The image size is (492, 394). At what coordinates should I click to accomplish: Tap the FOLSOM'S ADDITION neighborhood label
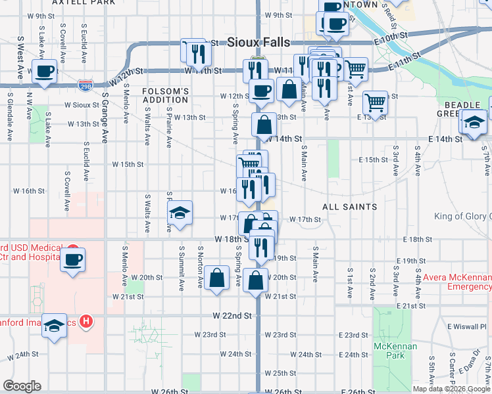point(166,95)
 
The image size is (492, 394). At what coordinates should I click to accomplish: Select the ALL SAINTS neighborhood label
point(349,207)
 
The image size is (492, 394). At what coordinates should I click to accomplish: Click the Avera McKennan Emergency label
point(456,282)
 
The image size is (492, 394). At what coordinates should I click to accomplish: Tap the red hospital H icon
point(86,322)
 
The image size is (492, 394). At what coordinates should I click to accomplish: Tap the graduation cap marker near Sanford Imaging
point(54,326)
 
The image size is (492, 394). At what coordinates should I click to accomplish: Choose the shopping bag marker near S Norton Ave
point(216,277)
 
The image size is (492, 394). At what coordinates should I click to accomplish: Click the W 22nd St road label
point(232,316)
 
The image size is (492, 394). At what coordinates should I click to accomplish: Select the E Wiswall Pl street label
point(466,326)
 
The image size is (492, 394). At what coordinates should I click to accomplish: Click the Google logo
point(22,386)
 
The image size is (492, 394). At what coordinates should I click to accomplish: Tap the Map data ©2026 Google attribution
point(451,389)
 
